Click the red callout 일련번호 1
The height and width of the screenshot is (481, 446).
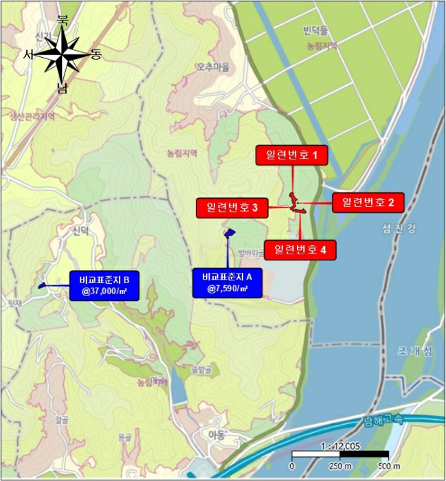click(x=292, y=155)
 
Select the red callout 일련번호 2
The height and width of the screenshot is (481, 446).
click(x=368, y=202)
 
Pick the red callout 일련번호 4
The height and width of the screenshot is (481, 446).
click(x=300, y=249)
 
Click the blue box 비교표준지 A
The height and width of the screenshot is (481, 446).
click(x=227, y=282)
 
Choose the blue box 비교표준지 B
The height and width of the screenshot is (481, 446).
click(x=104, y=286)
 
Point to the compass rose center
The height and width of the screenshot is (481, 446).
click(x=62, y=56)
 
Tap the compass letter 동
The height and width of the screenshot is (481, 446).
click(x=95, y=55)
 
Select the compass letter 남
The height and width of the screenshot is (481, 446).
click(x=63, y=88)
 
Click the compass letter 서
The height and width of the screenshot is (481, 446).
click(x=29, y=54)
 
